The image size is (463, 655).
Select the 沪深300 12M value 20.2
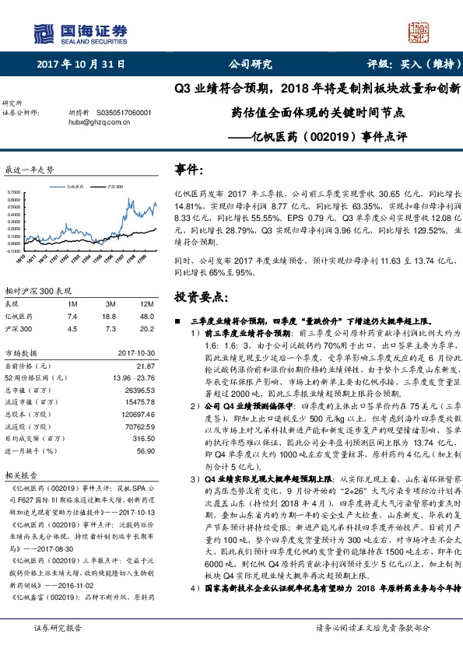pos(148,329)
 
